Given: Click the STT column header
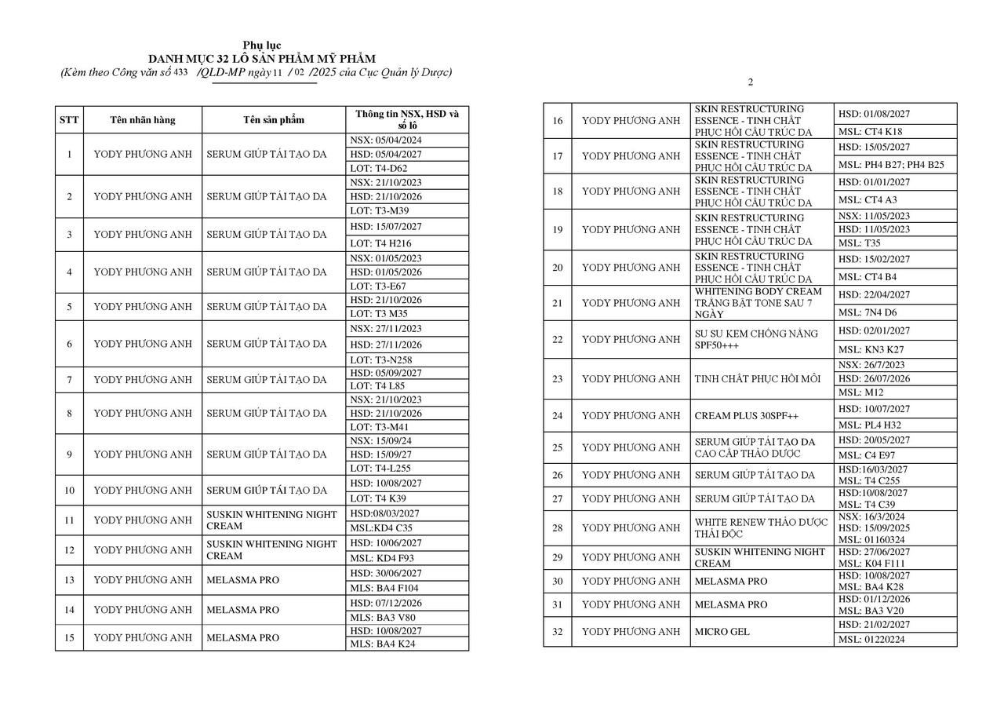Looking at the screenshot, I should tap(69, 120).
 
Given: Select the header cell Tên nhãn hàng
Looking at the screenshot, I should tap(143, 120).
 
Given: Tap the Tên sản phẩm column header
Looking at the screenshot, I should tap(273, 120).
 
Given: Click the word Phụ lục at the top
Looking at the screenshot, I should tap(262, 46).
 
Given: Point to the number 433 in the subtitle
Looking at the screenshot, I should tap(180, 72).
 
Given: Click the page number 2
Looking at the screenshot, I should tap(750, 82).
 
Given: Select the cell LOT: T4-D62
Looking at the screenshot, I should tap(379, 168).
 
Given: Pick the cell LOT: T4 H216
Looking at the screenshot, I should tap(381, 243).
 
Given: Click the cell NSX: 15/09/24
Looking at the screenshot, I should tap(381, 440).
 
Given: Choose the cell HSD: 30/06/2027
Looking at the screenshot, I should tap(386, 573).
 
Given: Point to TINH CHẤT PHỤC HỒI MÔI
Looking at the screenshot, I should tap(757, 378).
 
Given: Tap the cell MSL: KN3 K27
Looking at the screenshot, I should tap(871, 349).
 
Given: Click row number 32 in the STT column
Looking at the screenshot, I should tap(557, 632).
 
